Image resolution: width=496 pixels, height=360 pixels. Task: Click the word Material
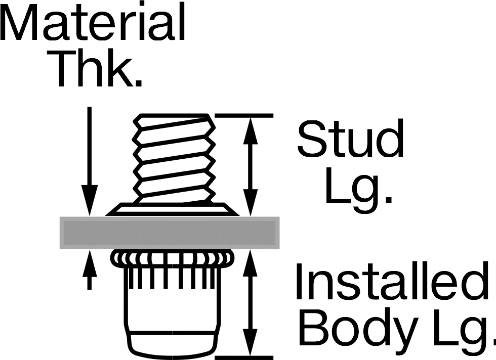coord(92,22)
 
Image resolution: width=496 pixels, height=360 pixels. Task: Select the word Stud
coord(350,138)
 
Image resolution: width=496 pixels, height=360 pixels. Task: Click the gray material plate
coord(170,233)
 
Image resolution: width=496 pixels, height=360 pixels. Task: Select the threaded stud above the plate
coord(174,158)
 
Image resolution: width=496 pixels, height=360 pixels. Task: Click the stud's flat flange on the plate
coord(173,209)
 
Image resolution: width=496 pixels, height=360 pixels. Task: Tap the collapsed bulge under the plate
coord(174,258)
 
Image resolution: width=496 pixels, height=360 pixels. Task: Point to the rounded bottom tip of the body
coord(173,345)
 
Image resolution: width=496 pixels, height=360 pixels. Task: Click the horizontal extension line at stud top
coord(244,115)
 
